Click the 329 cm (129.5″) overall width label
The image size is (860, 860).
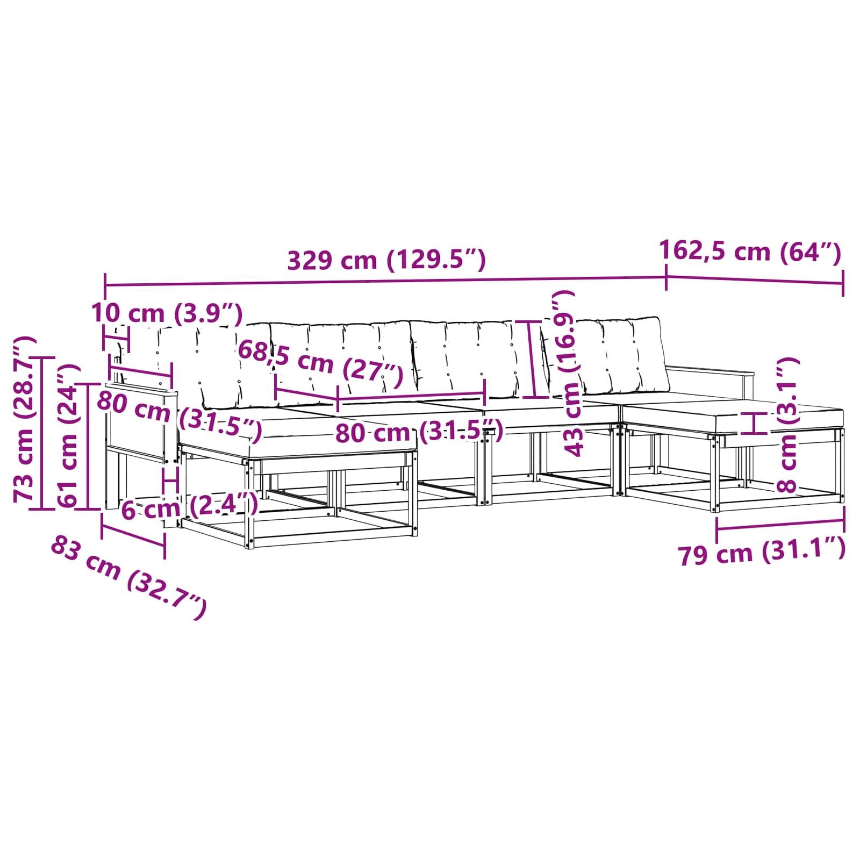pos(386,260)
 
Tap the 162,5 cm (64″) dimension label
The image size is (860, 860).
pos(750,251)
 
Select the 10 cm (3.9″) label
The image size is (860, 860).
pos(167,313)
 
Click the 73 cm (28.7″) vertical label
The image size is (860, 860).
pos(25,419)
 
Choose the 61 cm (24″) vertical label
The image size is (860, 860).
pos(69,435)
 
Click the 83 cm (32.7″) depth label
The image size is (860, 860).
pos(128,578)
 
